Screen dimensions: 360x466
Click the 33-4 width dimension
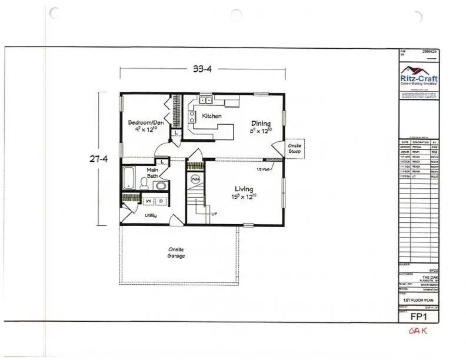pos(202,69)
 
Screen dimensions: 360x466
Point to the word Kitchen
pos(212,116)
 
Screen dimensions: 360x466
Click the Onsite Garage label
pos(177,252)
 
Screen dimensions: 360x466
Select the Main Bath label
pos(152,172)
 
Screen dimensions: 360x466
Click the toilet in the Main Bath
pos(144,183)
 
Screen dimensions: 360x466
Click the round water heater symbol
pos(195,179)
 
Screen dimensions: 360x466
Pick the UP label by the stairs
pos(214,214)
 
